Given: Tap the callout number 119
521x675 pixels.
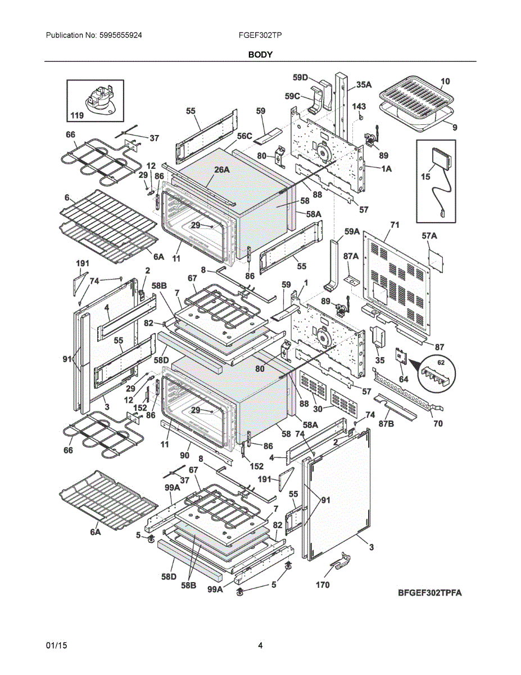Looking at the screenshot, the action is tap(77, 115).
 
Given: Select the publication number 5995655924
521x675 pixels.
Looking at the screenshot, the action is tap(120, 35).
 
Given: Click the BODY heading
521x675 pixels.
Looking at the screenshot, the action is tap(260, 55).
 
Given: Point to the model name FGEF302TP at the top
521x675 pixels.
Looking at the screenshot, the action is tap(260, 35).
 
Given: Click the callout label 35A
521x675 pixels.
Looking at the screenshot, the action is tap(364, 84).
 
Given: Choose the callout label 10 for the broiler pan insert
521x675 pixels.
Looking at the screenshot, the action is tap(445, 82).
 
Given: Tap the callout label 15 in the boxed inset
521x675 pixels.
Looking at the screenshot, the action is tap(425, 177).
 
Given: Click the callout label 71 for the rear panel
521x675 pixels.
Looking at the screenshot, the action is tap(395, 224).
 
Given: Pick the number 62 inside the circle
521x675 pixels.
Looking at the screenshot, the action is tap(441, 362).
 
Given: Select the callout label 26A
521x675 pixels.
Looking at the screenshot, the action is tap(222, 170).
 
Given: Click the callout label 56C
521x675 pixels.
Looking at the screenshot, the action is tap(244, 136).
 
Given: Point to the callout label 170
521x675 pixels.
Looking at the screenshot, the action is tap(323, 585).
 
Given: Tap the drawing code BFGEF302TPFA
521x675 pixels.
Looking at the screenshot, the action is tap(430, 593).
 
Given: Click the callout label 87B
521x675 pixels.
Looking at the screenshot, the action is tap(386, 424).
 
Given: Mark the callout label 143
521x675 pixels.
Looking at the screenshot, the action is tap(359, 106).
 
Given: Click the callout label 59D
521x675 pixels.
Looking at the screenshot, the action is tap(301, 78).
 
